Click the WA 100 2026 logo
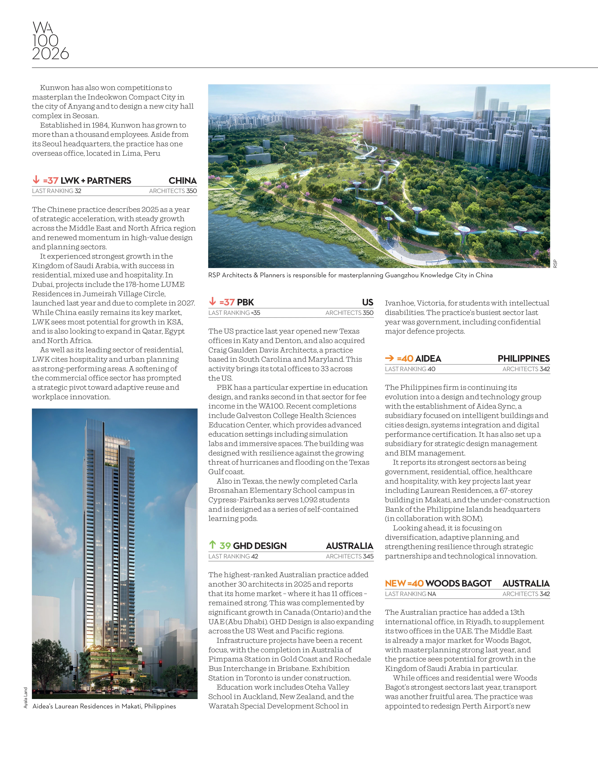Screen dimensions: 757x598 pyautogui.click(x=50, y=41)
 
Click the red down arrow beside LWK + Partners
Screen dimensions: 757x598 pyautogui.click(x=36, y=180)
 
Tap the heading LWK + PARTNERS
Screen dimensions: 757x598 pyautogui.click(x=96, y=181)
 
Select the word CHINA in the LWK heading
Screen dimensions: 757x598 pyautogui.click(x=182, y=181)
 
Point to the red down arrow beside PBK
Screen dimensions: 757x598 pyautogui.click(x=212, y=301)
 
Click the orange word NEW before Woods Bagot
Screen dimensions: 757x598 pyautogui.click(x=395, y=583)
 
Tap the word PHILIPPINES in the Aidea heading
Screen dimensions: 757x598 pyautogui.click(x=524, y=358)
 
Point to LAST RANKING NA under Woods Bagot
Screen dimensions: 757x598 pyautogui.click(x=410, y=594)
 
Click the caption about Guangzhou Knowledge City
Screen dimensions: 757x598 pyautogui.click(x=350, y=275)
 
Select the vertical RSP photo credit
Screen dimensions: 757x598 pyautogui.click(x=555, y=264)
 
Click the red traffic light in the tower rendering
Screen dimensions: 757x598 pyautogui.click(x=161, y=663)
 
